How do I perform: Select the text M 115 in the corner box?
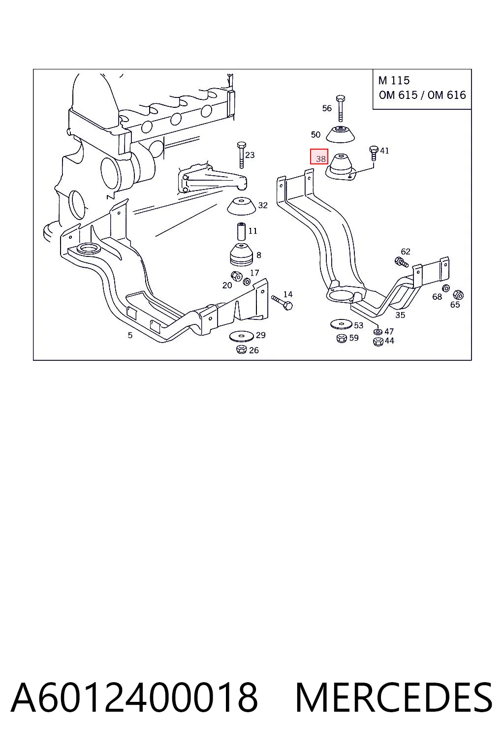coord(394,81)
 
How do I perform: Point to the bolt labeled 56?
coord(340,108)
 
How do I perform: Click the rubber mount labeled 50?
coord(340,134)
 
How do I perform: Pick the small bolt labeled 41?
coord(374,153)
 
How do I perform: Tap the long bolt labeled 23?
coord(241,155)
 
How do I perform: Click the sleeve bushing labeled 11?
coord(241,231)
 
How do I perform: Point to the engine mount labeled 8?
coord(241,254)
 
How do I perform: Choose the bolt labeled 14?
coord(282,302)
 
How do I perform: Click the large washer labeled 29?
coord(241,337)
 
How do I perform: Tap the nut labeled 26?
coord(241,349)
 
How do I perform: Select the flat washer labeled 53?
coord(341,324)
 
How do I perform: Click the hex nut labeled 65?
coord(458,295)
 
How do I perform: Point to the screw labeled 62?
coord(401,262)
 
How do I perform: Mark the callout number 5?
coord(130,336)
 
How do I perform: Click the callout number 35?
coord(400,315)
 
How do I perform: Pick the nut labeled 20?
coord(236,276)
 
